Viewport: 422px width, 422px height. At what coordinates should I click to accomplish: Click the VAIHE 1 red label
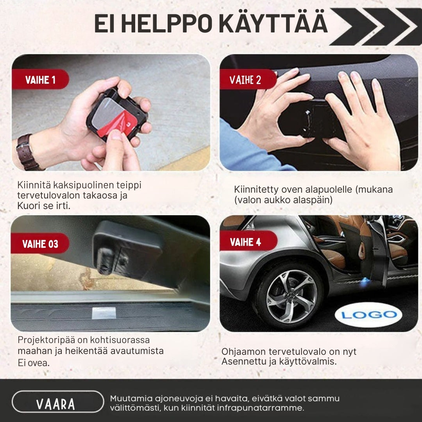40,80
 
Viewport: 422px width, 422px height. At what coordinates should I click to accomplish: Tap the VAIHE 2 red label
245,80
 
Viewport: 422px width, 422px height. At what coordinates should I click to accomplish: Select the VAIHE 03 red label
40,244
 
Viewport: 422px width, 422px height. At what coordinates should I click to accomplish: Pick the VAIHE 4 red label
245,242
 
